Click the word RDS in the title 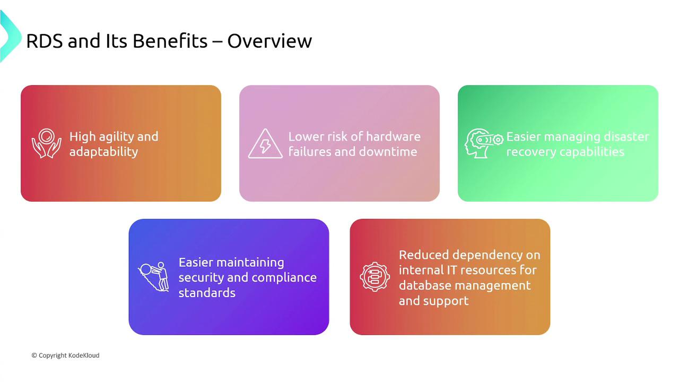tap(45, 41)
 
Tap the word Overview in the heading tap(269, 41)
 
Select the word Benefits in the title tap(170, 40)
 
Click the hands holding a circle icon tap(46, 143)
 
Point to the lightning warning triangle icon tap(265, 144)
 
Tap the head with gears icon tap(483, 143)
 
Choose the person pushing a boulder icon tap(154, 277)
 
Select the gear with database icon tap(375, 277)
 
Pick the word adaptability tap(103, 152)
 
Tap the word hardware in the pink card tap(393, 137)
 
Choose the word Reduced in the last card tap(424, 255)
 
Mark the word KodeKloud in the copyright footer tap(84, 355)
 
